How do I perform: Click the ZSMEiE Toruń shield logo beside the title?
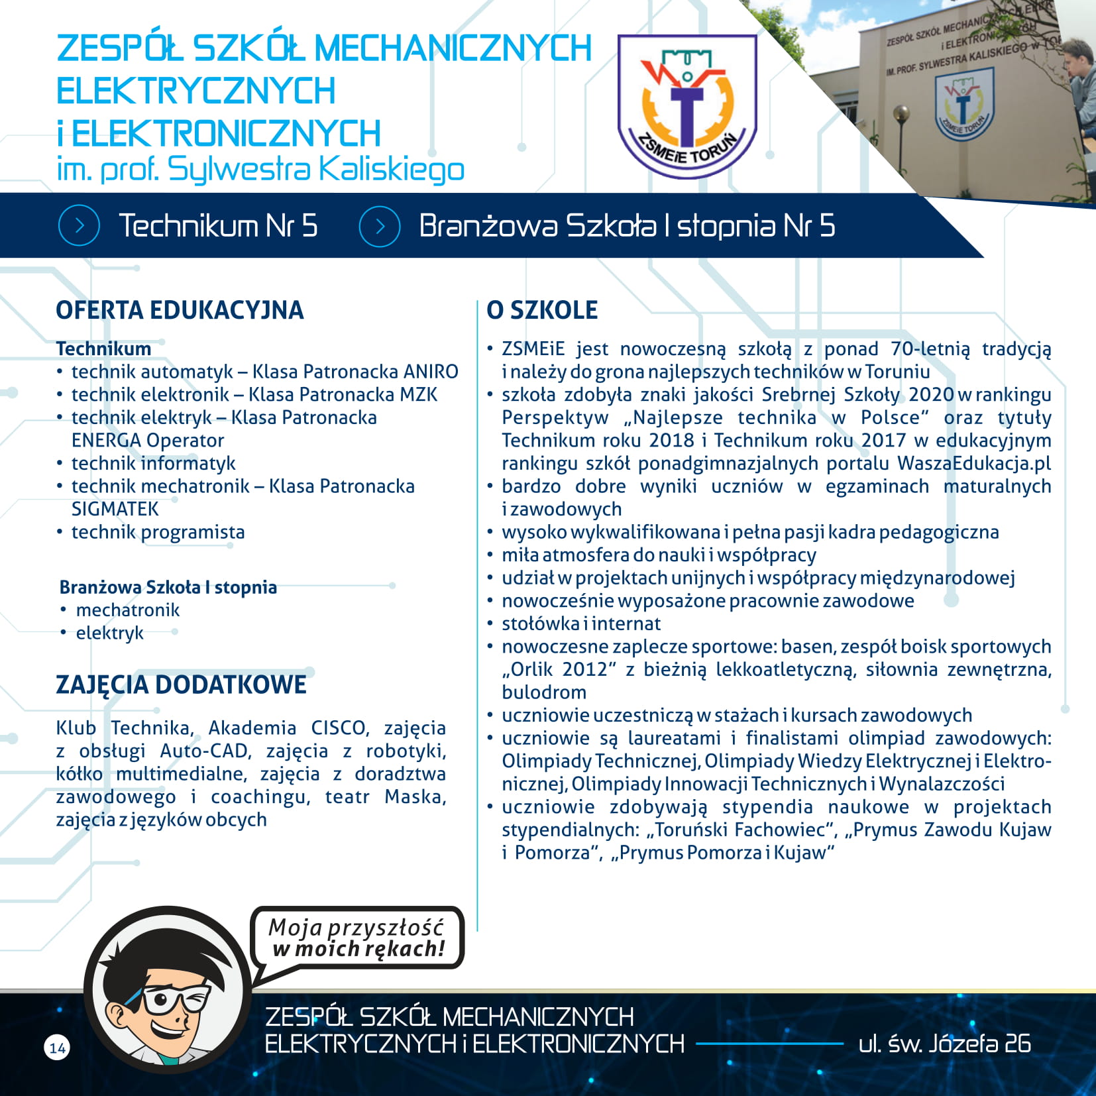click(686, 106)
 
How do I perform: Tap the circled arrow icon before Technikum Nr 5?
click(79, 226)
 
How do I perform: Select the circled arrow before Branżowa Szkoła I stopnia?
click(380, 226)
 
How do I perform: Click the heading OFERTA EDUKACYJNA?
click(180, 310)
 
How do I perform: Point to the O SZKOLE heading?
click(542, 310)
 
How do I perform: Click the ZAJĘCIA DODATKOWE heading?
click(181, 685)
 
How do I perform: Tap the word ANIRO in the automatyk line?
click(431, 372)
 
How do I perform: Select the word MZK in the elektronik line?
click(418, 395)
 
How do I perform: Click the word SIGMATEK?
click(115, 509)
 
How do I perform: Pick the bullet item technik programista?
click(158, 532)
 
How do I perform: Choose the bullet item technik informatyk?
click(153, 463)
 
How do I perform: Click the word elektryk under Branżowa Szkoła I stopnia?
click(109, 633)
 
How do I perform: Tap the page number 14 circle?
click(58, 1048)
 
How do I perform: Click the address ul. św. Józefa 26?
click(944, 1044)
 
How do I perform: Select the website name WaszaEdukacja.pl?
click(974, 463)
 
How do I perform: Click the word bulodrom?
click(544, 692)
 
